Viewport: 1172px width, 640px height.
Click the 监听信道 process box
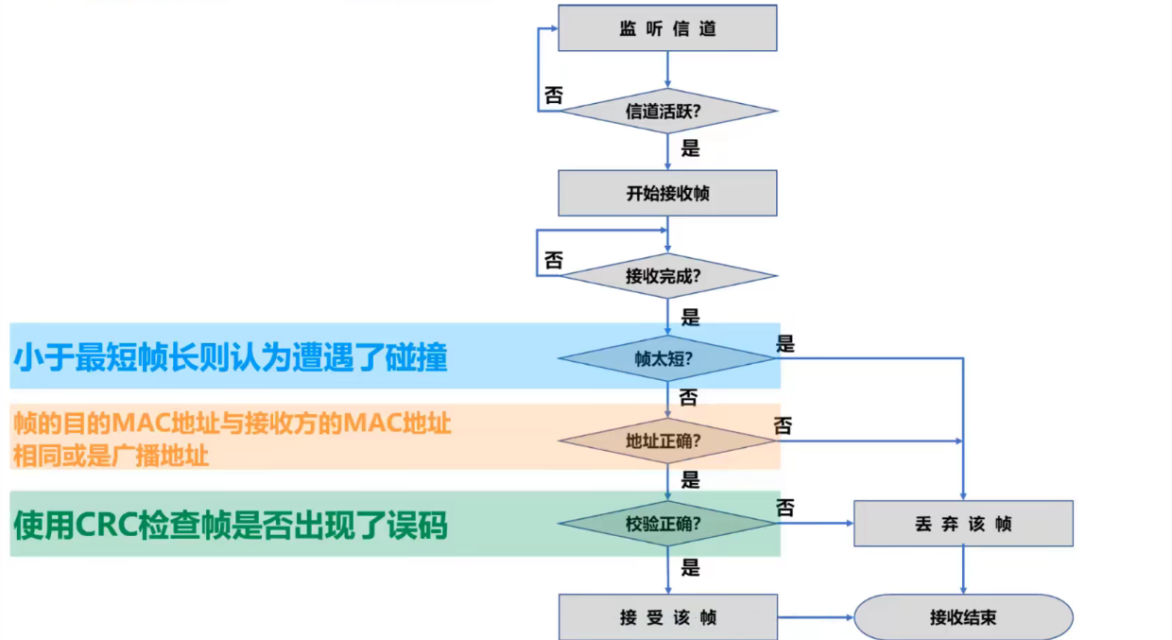pos(667,28)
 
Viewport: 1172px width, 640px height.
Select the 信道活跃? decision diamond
pos(667,111)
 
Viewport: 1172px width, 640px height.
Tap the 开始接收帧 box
pos(667,194)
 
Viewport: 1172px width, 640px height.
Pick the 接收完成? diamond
pos(667,277)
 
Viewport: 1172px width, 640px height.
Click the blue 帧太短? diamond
pos(667,358)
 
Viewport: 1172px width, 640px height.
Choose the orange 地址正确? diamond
pos(667,440)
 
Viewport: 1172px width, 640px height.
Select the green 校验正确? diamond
pos(667,523)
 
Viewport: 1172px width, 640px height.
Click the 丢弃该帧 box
pos(963,523)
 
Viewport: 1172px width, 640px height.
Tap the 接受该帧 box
pos(667,617)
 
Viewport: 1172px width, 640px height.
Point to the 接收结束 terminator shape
pos(963,617)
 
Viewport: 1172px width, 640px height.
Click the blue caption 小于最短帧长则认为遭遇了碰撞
pos(231,357)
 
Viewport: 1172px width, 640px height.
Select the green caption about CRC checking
pos(229,524)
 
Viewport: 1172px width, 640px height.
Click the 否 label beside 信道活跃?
pos(554,95)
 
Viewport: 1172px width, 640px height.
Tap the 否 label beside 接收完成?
pos(554,260)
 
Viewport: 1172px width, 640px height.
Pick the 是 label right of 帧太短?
pos(785,344)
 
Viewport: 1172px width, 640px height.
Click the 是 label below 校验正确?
pos(691,567)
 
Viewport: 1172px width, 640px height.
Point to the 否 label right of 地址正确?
pos(784,426)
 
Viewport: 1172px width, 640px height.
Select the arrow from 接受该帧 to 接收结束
pos(815,617)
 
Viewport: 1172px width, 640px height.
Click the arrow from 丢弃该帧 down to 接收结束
pos(963,569)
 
